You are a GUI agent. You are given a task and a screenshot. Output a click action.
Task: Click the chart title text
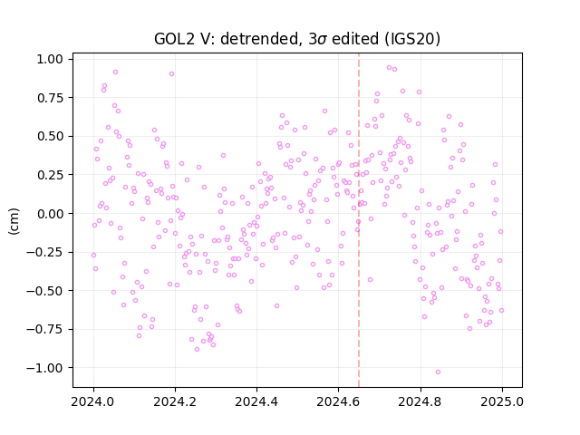[297, 39]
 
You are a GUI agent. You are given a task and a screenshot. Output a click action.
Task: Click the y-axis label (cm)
[14, 221]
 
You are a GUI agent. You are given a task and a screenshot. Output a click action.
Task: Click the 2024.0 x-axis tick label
[93, 401]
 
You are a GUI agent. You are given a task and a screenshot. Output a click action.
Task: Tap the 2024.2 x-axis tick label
[175, 401]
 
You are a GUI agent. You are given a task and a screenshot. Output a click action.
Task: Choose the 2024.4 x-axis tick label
[256, 401]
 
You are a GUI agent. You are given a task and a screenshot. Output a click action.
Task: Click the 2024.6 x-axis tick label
[338, 401]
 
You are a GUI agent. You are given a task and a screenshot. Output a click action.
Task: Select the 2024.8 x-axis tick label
[420, 401]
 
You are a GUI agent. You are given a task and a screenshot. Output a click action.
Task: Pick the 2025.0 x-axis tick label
[502, 401]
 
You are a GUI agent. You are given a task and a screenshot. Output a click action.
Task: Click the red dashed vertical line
[359, 220]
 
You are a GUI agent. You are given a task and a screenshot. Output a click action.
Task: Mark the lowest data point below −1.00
[438, 372]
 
